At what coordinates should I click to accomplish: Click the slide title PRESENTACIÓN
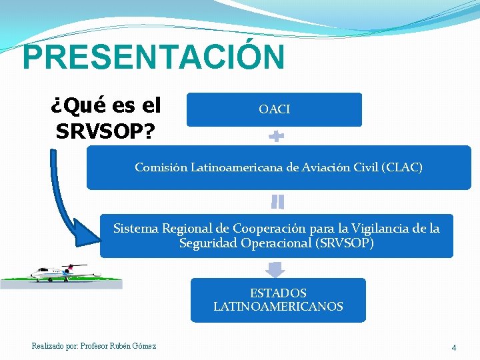tap(153, 57)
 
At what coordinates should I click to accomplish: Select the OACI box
tap(274, 109)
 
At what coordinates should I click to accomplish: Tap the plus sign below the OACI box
tap(276, 137)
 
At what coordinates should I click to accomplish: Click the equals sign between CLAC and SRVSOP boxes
tap(277, 202)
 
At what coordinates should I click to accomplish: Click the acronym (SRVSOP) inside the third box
tap(343, 243)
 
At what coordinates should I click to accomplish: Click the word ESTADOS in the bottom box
tap(278, 293)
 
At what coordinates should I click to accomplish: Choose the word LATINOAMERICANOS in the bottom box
tap(278, 307)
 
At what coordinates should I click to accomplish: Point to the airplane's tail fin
tap(68, 268)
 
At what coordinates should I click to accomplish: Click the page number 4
tap(454, 347)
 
